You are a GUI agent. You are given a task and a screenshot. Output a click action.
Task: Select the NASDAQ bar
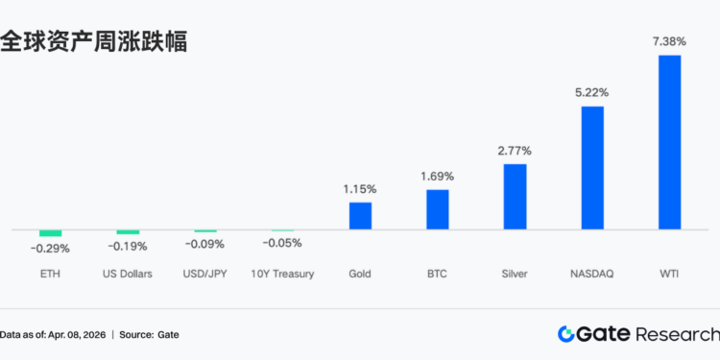[592, 167]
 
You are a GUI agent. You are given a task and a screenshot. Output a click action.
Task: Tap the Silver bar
[515, 197]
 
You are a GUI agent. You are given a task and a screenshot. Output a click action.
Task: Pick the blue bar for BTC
[438, 209]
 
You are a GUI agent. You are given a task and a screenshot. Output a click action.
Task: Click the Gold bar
[360, 216]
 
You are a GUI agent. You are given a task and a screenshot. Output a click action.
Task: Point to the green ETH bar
[50, 233]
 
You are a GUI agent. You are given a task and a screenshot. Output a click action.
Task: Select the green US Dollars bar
[128, 232]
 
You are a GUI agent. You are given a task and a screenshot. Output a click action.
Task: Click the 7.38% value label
[669, 41]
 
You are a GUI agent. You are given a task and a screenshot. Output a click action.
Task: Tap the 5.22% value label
[592, 92]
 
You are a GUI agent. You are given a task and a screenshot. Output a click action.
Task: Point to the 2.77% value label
[515, 151]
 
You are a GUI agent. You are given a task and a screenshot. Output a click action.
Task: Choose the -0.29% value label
[50, 249]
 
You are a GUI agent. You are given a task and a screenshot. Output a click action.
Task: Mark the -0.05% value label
[282, 243]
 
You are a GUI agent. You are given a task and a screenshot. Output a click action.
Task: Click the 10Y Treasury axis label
[282, 275]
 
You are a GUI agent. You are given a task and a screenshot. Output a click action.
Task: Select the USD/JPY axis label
[204, 275]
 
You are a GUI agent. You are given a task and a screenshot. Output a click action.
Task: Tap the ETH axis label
[50, 275]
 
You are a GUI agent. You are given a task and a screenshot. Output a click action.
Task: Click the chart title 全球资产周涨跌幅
[93, 41]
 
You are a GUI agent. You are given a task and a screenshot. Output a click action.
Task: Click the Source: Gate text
[149, 334]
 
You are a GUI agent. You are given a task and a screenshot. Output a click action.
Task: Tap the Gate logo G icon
[567, 333]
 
